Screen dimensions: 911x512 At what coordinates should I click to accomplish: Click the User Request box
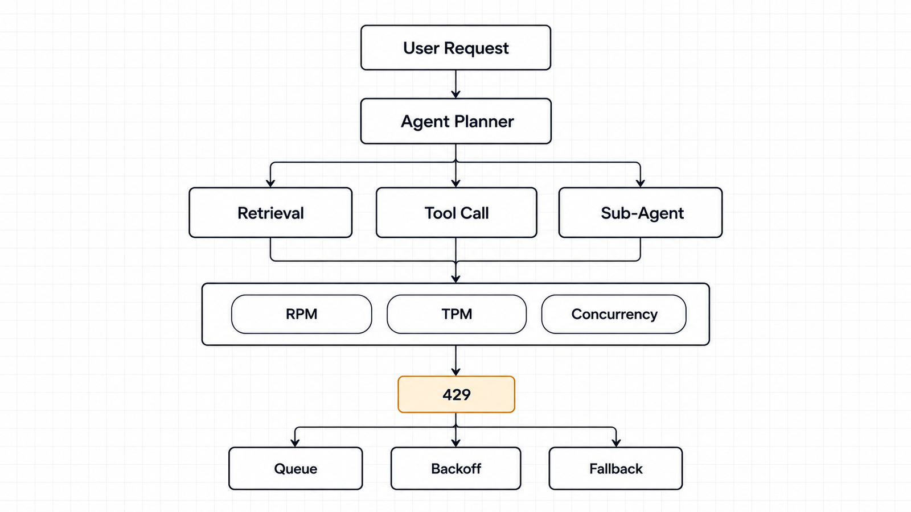point(455,48)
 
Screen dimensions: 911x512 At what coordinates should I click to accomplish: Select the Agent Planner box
point(455,121)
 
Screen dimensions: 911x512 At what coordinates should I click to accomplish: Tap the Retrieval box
point(270,213)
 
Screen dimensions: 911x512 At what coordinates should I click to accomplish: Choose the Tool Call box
point(456,213)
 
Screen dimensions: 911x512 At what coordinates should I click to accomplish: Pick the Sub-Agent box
point(641,213)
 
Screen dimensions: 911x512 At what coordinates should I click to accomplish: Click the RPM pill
point(301,314)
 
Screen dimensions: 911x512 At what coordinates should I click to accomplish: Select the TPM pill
point(456,314)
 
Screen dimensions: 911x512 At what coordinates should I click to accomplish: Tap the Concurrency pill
point(614,314)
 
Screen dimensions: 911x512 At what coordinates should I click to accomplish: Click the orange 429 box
point(456,394)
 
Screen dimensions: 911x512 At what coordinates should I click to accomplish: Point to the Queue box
point(296,469)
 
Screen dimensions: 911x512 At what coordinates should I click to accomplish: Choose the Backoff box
point(455,469)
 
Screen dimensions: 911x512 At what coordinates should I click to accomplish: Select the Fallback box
point(615,469)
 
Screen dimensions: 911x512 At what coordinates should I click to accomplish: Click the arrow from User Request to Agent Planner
point(455,84)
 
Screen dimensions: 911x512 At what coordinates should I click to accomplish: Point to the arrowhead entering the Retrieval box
point(270,183)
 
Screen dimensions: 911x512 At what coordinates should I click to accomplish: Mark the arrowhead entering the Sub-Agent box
point(641,183)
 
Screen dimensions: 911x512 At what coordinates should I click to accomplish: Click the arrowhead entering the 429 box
point(455,371)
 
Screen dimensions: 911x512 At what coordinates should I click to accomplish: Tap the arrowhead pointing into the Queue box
point(295,443)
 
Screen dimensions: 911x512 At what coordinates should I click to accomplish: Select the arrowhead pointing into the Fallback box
point(616,443)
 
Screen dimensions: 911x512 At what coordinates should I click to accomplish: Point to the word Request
point(476,48)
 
